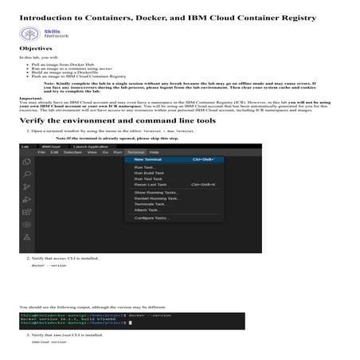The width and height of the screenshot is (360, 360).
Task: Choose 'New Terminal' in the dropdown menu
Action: pyautogui.click(x=143, y=159)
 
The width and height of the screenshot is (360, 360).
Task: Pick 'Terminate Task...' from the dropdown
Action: pyautogui.click(x=150, y=204)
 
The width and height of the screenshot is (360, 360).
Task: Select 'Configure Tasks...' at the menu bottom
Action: pyautogui.click(x=151, y=217)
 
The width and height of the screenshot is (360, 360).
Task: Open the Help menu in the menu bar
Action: pyautogui.click(x=154, y=152)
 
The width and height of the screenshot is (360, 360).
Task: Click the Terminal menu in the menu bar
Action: pyautogui.click(x=135, y=152)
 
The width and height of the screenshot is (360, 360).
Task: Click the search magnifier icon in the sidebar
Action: pyautogui.click(x=27, y=171)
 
